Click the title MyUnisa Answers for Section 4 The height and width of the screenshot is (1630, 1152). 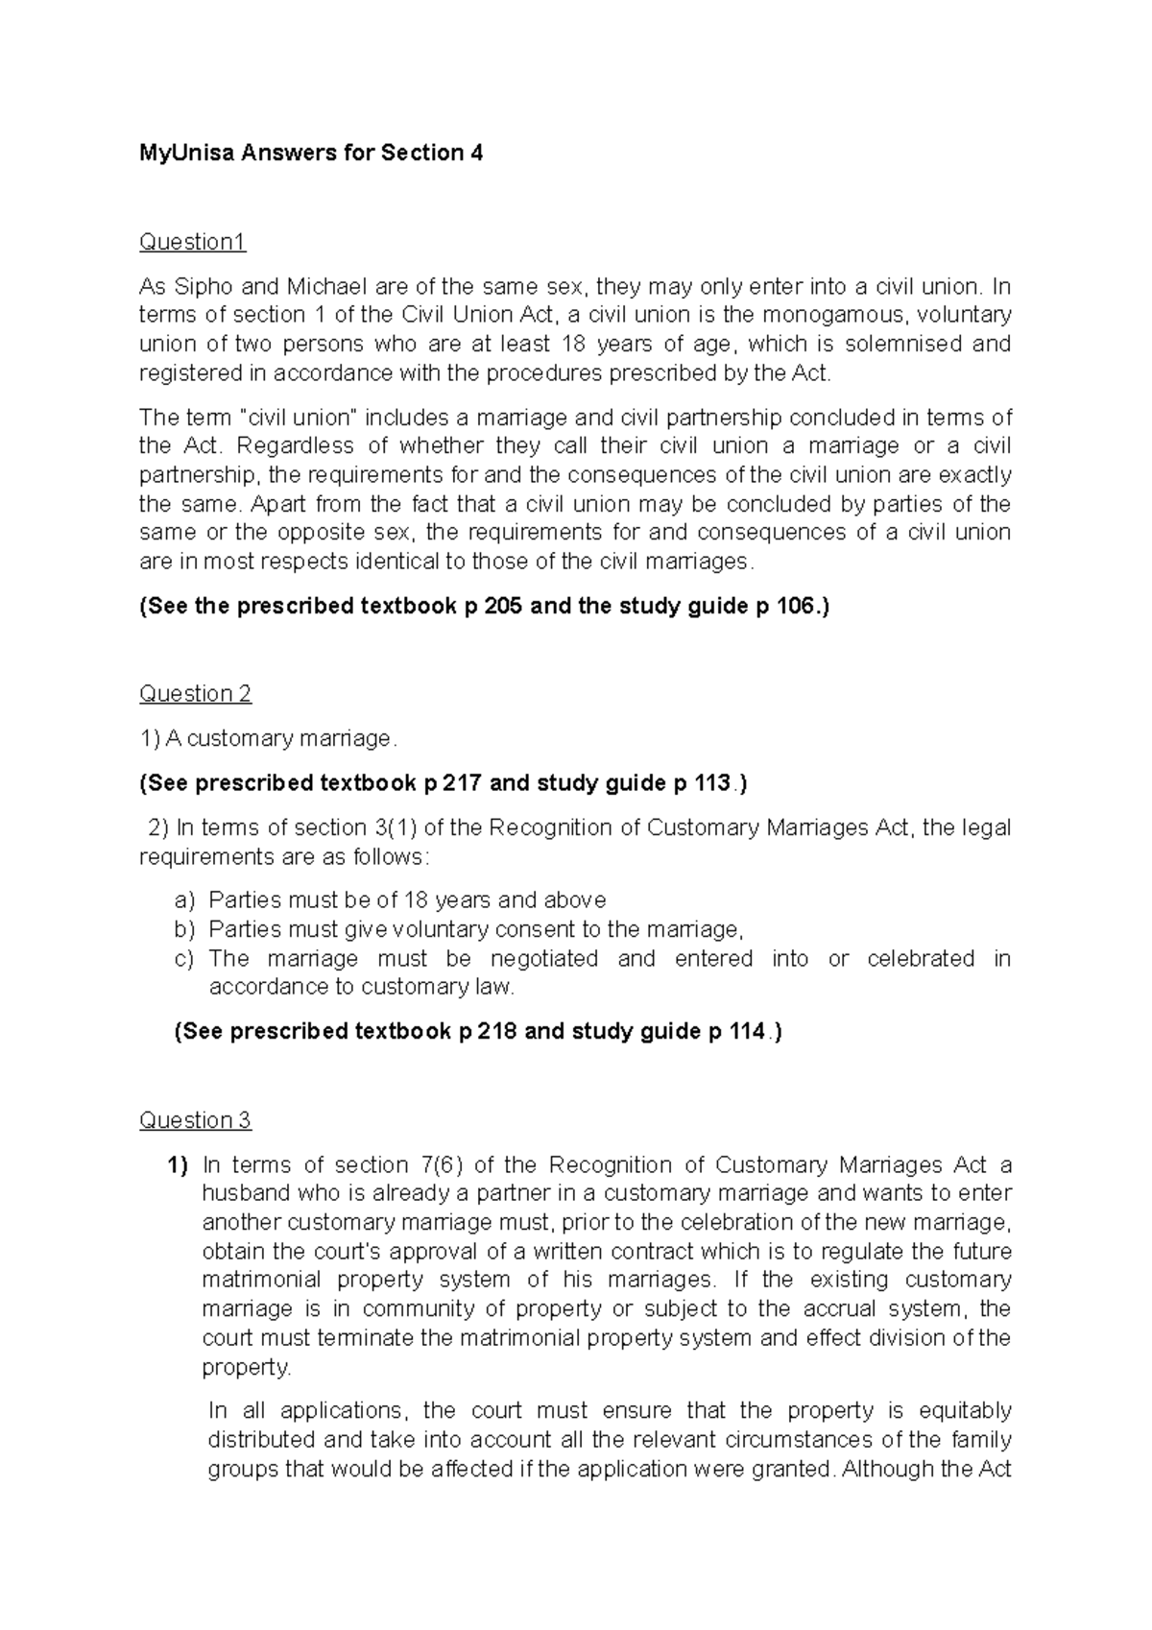pos(311,153)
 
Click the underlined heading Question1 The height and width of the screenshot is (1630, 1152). pos(192,242)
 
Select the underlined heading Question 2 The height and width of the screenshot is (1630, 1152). pos(195,693)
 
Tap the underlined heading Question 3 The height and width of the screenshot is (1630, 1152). pos(195,1120)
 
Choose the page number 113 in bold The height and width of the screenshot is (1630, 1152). pos(709,783)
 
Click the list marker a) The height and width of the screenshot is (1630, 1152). pos(184,900)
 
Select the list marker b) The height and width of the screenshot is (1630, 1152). pos(184,929)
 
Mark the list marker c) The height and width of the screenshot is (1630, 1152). pos(184,958)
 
